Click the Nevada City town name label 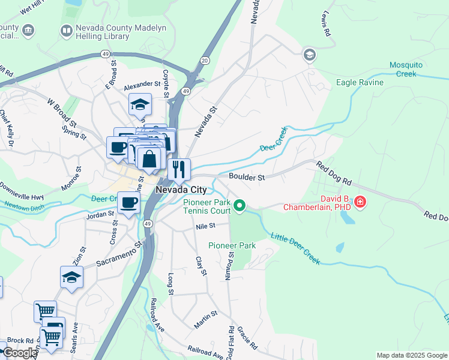(181, 190)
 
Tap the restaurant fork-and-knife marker (179, 169)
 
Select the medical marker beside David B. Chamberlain (360, 202)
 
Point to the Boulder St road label (247, 177)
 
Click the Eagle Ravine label (360, 82)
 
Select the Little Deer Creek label (295, 248)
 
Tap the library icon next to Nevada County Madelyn (66, 30)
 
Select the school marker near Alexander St (140, 104)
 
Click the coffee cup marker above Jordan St (128, 203)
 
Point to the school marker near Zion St (71, 277)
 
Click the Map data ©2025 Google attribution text (411, 355)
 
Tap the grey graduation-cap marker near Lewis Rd (309, 55)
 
